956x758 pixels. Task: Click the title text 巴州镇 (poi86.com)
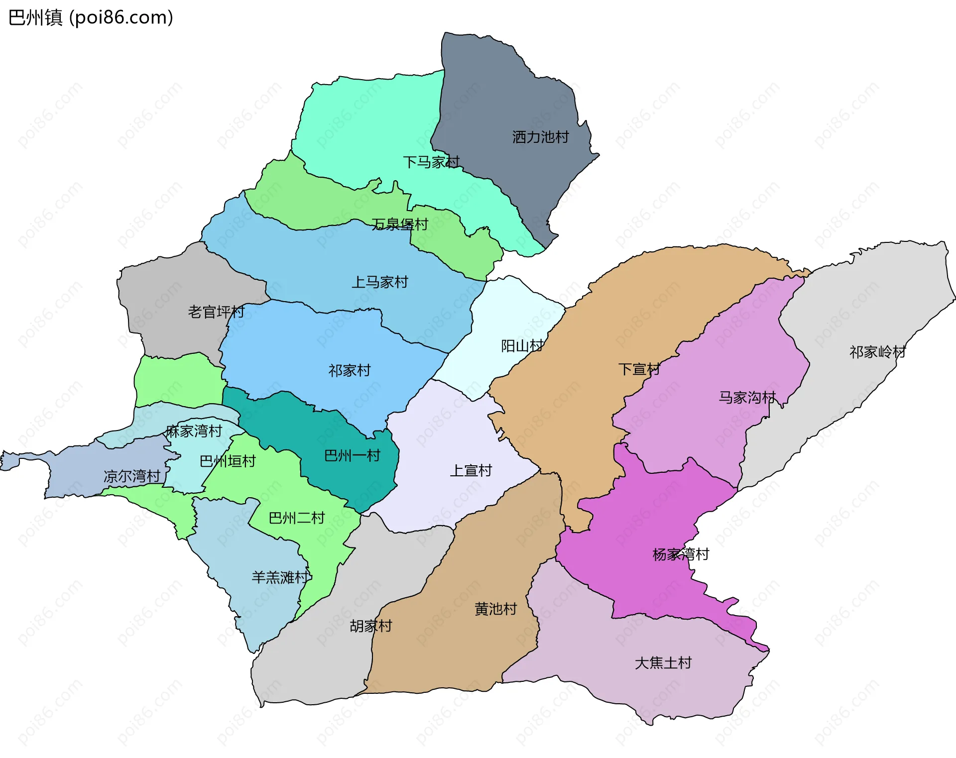(91, 18)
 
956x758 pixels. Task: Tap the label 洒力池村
(540, 137)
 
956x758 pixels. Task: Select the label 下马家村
(431, 162)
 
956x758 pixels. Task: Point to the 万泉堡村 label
(399, 224)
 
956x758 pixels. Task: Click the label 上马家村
(379, 282)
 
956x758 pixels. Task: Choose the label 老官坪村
(216, 312)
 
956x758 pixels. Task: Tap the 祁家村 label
(350, 370)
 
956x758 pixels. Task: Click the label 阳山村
(522, 346)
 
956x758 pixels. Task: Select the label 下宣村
(639, 369)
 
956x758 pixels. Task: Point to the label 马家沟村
(747, 397)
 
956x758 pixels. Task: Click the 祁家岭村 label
(877, 352)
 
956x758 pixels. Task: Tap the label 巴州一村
(352, 455)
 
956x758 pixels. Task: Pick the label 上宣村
(471, 470)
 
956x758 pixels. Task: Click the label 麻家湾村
(194, 431)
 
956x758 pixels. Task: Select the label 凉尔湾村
(131, 476)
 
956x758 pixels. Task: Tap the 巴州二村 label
(296, 518)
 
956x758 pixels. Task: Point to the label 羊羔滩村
(280, 577)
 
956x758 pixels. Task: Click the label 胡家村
(371, 626)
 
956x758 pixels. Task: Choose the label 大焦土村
(663, 663)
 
